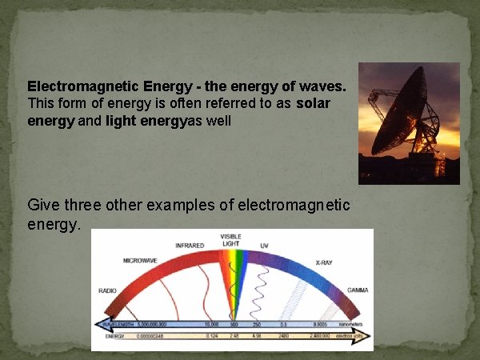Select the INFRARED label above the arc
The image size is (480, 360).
pos(189,244)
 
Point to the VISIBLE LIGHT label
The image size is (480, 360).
pos(232,240)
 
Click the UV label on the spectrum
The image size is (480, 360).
pos(264,244)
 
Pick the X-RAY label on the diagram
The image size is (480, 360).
pos(323,262)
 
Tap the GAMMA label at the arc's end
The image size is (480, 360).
pos(357,290)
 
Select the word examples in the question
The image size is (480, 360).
pos(174,206)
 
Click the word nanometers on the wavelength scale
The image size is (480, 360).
pos(349,325)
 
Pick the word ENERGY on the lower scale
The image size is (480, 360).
pos(115,337)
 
